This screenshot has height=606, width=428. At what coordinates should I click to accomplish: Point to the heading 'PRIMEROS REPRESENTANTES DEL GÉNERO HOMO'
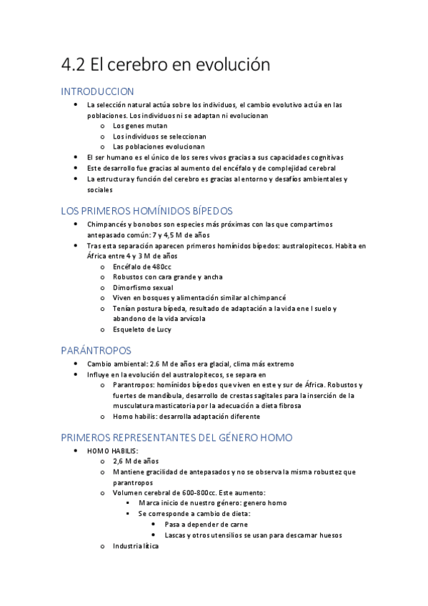coord(176,437)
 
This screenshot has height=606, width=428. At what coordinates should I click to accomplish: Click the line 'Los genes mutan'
coord(140,126)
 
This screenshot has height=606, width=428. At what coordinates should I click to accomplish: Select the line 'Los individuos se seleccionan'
coord(159,136)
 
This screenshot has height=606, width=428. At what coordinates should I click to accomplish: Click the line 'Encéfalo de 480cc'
coord(142,267)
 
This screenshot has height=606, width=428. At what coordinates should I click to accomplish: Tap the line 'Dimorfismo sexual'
coord(143,287)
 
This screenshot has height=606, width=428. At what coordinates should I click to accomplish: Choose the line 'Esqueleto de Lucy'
coord(142,329)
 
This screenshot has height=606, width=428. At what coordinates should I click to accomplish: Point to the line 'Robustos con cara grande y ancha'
coord(167,277)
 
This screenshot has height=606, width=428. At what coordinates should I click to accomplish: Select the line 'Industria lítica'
coord(136,546)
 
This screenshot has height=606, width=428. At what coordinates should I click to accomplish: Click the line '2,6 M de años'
coord(136,462)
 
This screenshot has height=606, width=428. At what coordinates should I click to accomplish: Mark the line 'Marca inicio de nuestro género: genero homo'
coord(212,503)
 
